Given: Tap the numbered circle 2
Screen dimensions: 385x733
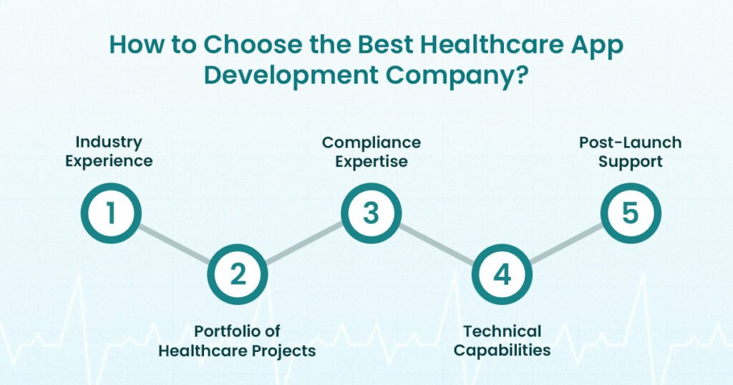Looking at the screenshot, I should pos(237,275).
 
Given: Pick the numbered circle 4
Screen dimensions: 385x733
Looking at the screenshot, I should pos(502,275).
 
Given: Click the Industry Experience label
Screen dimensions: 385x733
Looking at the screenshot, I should pos(109,152).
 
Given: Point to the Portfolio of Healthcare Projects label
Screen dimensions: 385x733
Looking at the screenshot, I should pos(237,341).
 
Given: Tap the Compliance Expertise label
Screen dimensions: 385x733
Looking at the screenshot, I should pos(371,152).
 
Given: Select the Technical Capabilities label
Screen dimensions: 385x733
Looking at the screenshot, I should pos(502,341).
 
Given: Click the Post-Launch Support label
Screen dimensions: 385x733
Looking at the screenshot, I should pos(630,152).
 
